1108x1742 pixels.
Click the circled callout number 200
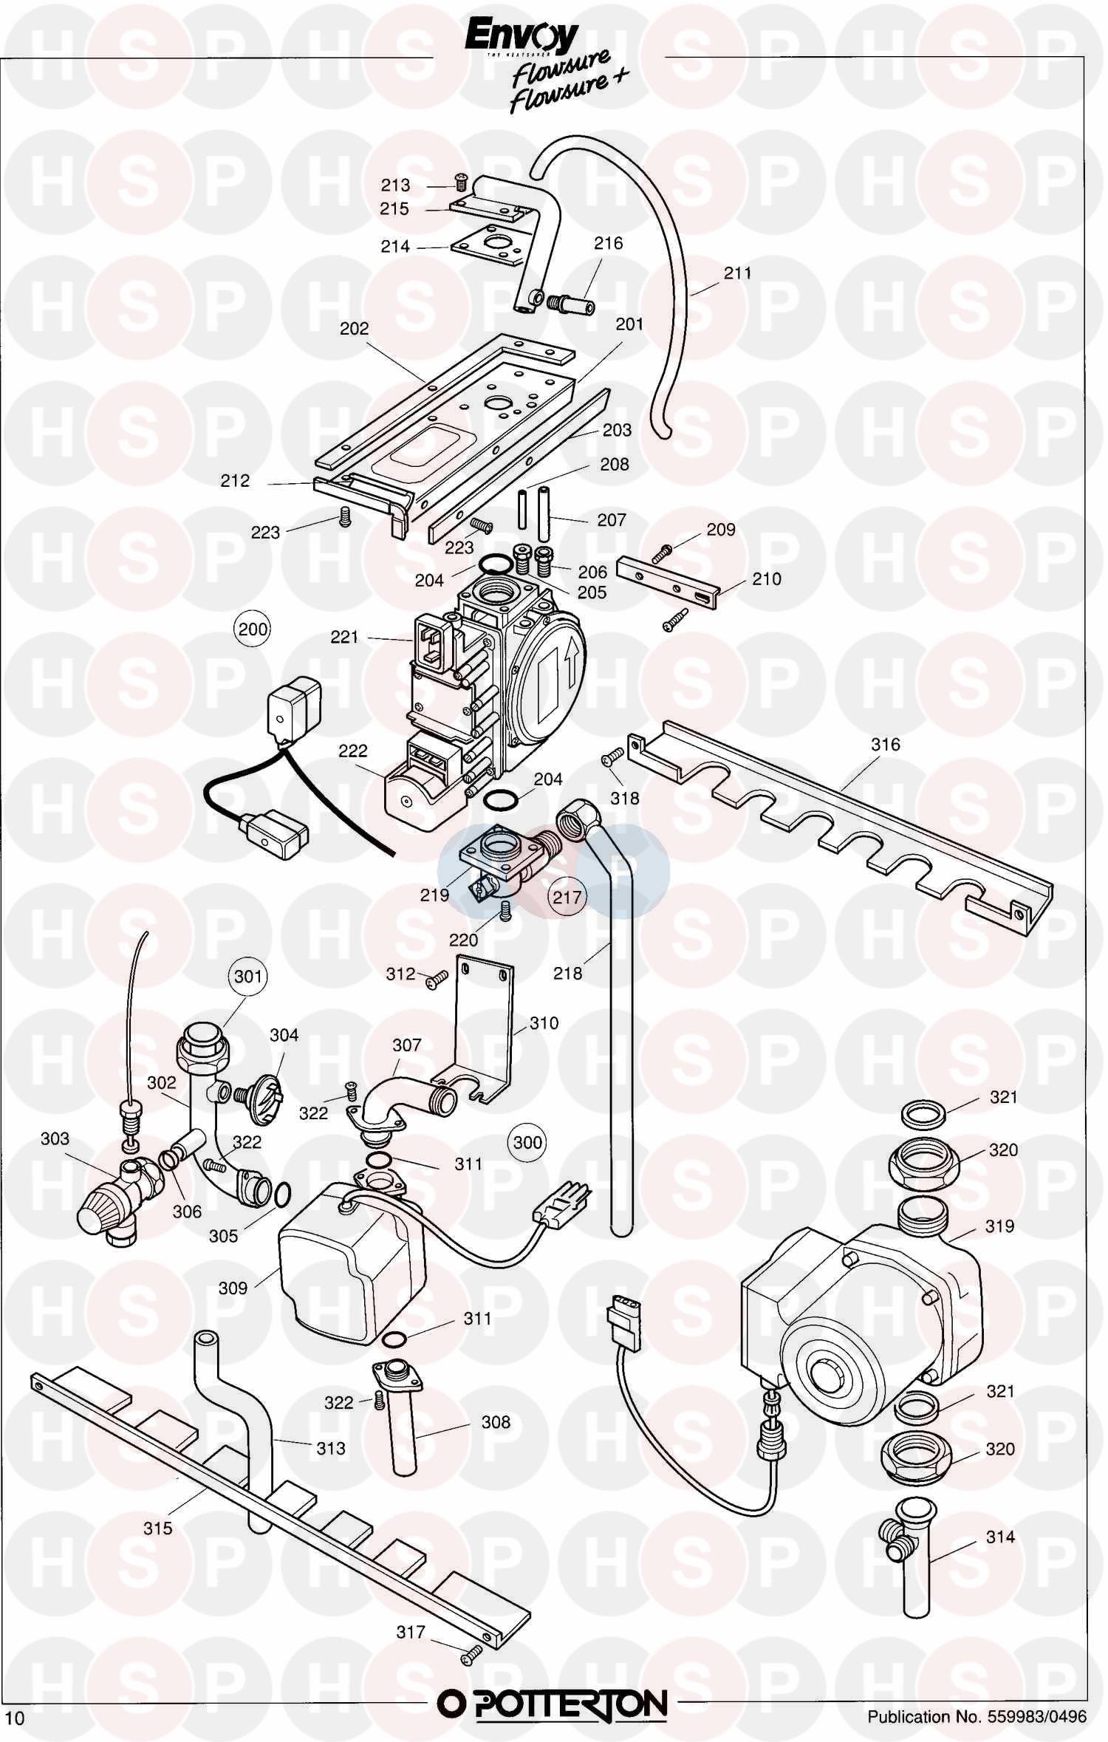tap(252, 629)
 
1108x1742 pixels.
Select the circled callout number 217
tap(567, 897)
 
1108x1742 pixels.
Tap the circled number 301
tap(248, 977)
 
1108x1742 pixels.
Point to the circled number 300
tap(527, 1142)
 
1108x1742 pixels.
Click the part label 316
tap(885, 744)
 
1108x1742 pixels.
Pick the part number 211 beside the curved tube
tap(737, 273)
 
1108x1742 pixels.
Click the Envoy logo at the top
tap(521, 38)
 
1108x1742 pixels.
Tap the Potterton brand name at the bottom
tap(553, 1698)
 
